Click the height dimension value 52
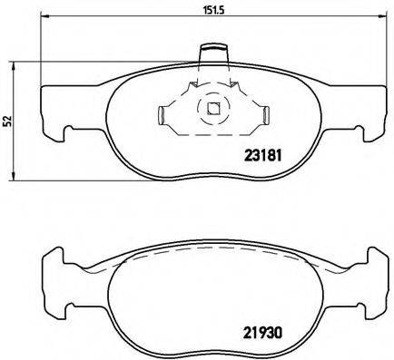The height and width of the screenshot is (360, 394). click(7, 120)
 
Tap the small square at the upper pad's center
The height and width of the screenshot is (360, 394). click(213, 111)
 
